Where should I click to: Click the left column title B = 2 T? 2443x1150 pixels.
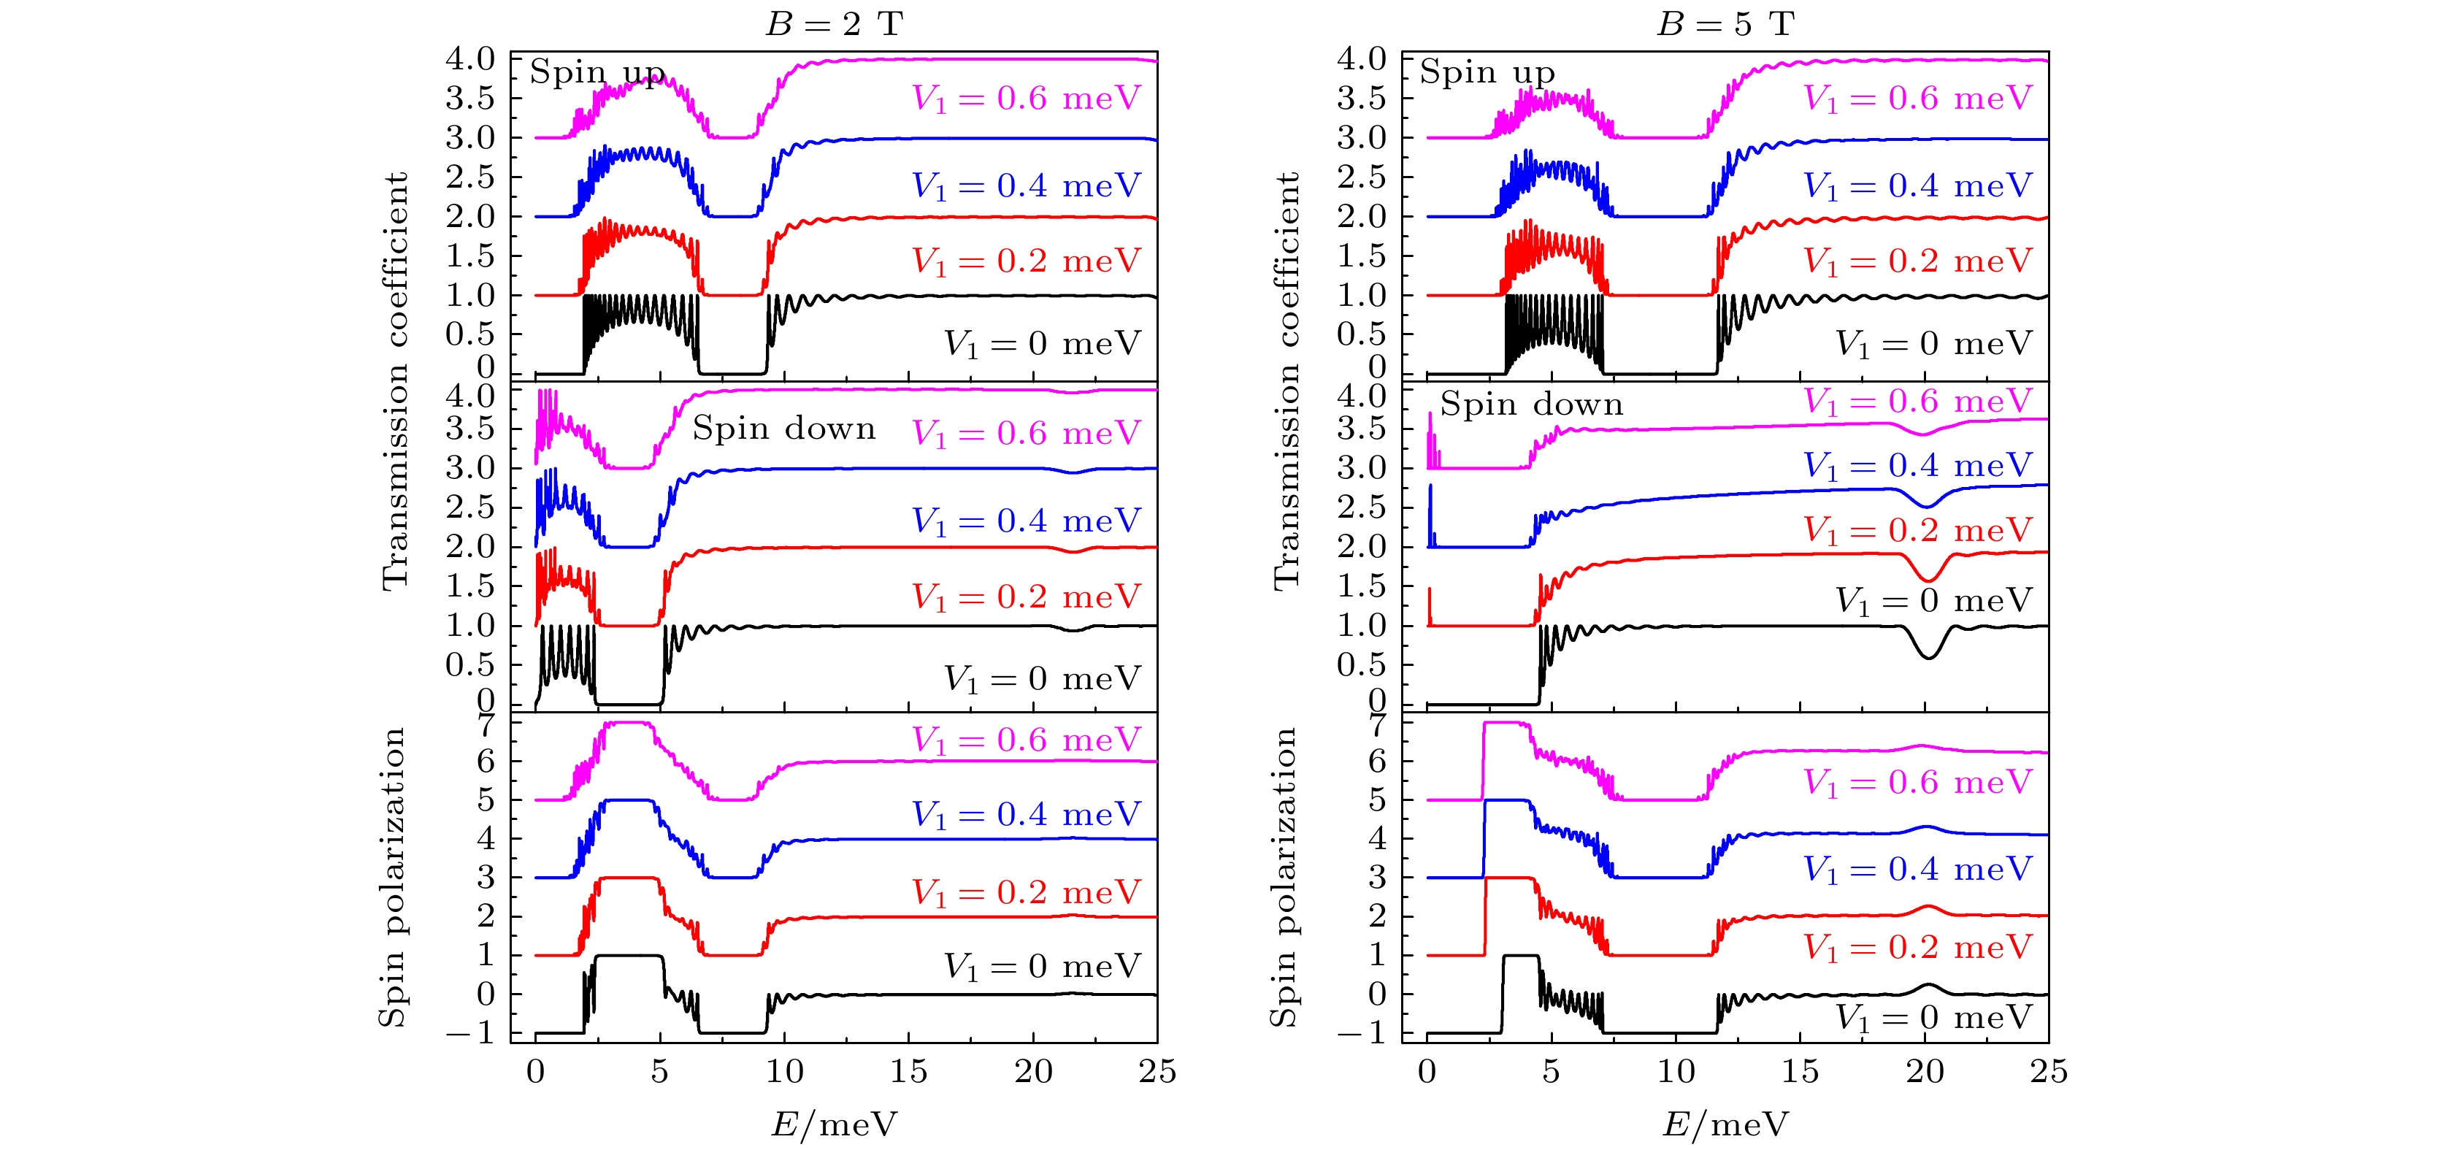pos(834,23)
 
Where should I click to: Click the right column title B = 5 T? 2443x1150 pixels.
pos(1725,23)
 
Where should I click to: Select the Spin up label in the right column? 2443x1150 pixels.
pos(1487,72)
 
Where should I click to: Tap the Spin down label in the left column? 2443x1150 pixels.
pos(783,429)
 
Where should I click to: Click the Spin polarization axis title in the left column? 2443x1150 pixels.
pos(391,877)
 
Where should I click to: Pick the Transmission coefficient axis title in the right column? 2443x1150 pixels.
pos(1285,379)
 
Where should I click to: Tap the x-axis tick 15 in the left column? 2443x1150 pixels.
pos(908,1073)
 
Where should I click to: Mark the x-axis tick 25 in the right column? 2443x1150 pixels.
pos(2047,1073)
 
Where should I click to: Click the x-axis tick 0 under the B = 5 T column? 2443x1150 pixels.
pos(1427,1073)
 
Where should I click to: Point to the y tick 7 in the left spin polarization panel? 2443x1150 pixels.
pos(486,724)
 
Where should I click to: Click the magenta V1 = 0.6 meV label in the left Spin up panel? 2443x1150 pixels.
pos(1025,99)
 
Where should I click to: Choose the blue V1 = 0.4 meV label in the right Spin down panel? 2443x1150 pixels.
pos(1917,466)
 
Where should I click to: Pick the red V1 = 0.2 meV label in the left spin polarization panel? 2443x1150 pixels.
pos(1025,892)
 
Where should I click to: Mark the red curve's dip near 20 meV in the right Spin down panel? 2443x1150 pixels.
pos(1927,578)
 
